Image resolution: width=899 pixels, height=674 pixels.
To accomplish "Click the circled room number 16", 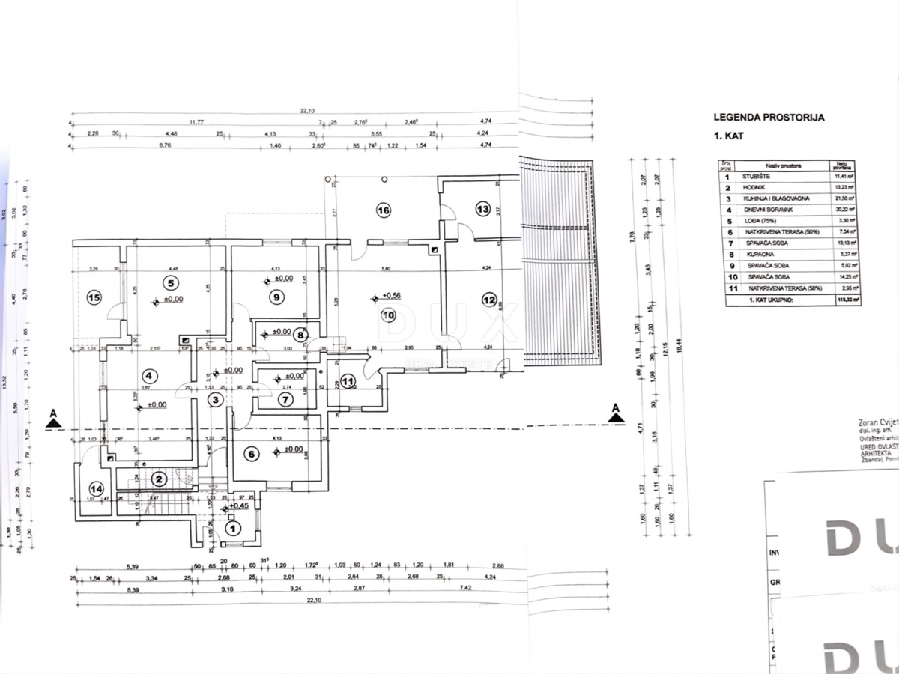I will click(x=383, y=210).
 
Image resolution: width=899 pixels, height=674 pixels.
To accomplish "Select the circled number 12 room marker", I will click(x=489, y=300).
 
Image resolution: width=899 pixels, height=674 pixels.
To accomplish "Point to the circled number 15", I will click(x=94, y=297).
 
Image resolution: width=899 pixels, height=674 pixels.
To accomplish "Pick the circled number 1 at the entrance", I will click(x=233, y=528).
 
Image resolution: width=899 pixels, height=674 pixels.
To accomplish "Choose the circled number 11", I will click(x=348, y=381).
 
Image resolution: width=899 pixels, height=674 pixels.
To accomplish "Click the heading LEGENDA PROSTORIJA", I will click(x=769, y=118).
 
